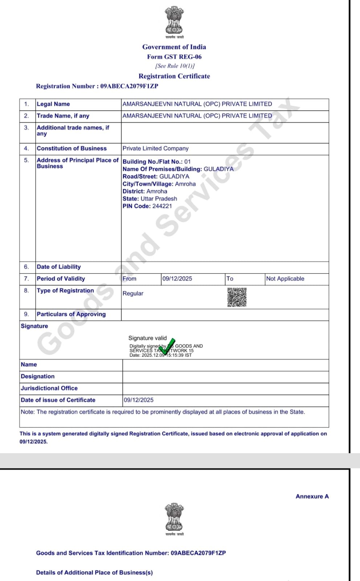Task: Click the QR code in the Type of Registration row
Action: (x=237, y=297)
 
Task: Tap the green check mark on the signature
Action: (x=167, y=347)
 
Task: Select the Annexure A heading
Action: (x=312, y=496)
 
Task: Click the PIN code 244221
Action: (x=162, y=206)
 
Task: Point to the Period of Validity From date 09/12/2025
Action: (x=177, y=279)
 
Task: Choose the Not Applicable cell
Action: (x=285, y=279)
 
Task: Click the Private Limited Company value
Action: (x=155, y=149)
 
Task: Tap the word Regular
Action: (x=133, y=293)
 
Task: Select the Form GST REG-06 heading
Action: (x=174, y=57)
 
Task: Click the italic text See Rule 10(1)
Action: (x=175, y=66)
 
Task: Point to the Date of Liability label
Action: (x=59, y=267)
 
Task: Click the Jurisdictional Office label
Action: (x=49, y=388)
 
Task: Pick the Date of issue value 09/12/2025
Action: (x=139, y=400)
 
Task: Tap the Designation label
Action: (x=38, y=377)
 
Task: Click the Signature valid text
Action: (x=147, y=338)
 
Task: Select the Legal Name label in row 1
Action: (x=53, y=104)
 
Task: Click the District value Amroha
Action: (x=157, y=191)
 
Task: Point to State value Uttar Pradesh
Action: (x=159, y=199)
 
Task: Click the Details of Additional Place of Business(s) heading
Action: (x=94, y=573)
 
